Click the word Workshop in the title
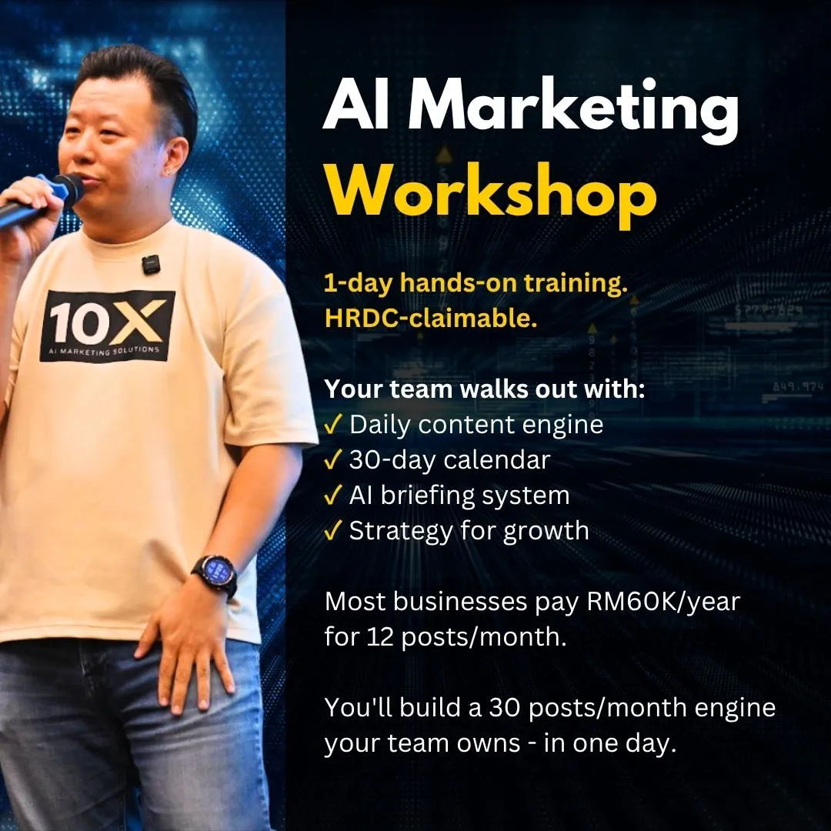(491, 195)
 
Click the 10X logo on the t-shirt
(107, 325)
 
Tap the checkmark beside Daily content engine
(332, 425)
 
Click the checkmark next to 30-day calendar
(332, 460)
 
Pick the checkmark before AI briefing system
(332, 496)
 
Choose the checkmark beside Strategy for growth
(332, 531)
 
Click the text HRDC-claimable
(431, 318)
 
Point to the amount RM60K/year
(663, 602)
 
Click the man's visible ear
(175, 157)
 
